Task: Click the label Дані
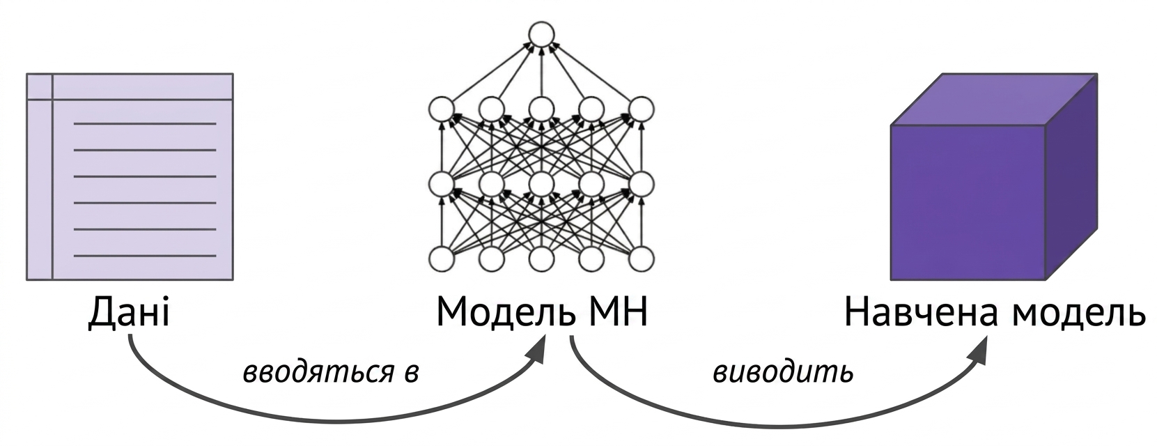coord(129,312)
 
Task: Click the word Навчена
coord(920,312)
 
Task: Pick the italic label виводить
coord(783,373)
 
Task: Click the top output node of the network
coord(541,35)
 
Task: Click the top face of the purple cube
coord(994,99)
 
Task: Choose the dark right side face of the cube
coord(1071,177)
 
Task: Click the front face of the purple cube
coord(968,203)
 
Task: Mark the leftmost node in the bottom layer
coord(442,259)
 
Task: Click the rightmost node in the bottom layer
coord(641,259)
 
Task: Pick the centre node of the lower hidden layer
coord(541,184)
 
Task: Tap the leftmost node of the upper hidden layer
coord(442,109)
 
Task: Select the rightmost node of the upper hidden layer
coord(641,109)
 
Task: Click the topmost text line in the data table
coord(145,124)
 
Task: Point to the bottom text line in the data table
coord(145,256)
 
